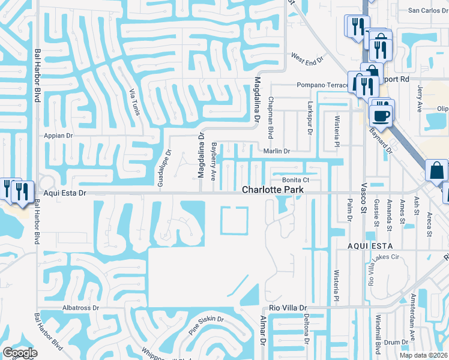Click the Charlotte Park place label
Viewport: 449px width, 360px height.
273,190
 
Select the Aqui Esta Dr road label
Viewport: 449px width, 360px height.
66,193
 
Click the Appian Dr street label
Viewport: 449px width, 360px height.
58,136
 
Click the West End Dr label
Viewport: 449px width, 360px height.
307,59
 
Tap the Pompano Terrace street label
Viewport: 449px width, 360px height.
322,85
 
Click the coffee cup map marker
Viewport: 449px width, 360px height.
381,114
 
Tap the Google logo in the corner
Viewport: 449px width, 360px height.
20,353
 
